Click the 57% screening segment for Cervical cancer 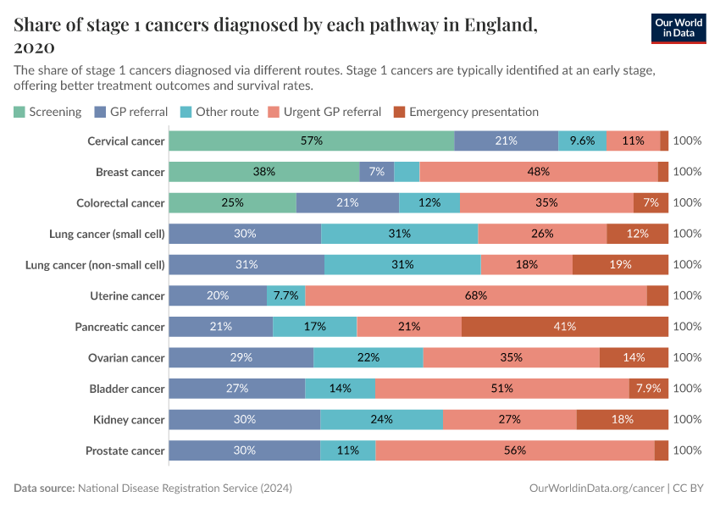311,141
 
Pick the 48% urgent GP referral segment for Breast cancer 538,172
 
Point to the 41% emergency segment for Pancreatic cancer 565,327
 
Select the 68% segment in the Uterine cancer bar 476,295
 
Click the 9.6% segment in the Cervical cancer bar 582,141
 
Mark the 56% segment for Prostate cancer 515,450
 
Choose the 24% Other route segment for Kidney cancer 381,419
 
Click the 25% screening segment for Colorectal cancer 232,202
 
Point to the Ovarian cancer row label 126,357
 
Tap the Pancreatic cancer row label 119,327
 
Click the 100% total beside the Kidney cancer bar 687,419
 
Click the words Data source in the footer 44,489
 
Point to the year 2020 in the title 35,47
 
